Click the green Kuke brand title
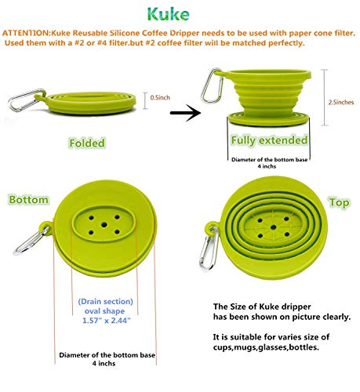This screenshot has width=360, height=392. point(179,13)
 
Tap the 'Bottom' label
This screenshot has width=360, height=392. point(28,200)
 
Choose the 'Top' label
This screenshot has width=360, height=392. point(338,201)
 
